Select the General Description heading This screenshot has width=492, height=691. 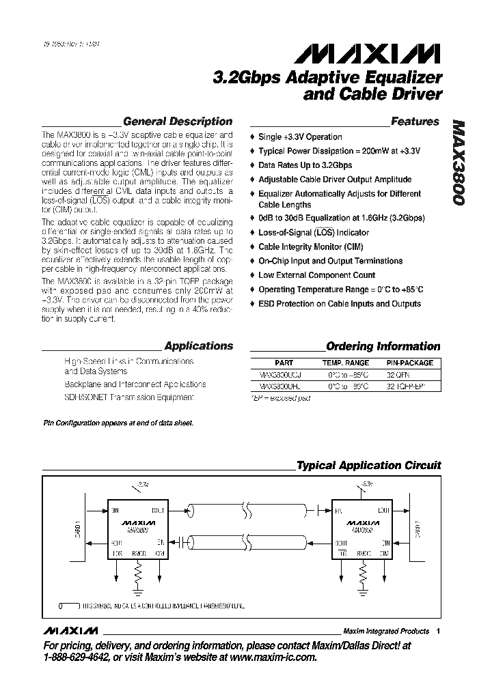[178, 122]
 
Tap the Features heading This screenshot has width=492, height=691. [415, 122]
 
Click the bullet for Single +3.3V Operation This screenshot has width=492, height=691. [253, 137]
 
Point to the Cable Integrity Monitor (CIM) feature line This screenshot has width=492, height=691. [310, 246]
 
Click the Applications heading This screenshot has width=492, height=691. [199, 346]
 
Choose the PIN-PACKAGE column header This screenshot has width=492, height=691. [410, 363]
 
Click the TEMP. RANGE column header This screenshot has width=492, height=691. [346, 363]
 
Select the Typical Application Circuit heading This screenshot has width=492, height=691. [368, 466]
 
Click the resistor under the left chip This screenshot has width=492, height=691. [138, 571]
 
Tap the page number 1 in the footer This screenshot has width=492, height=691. [438, 632]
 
